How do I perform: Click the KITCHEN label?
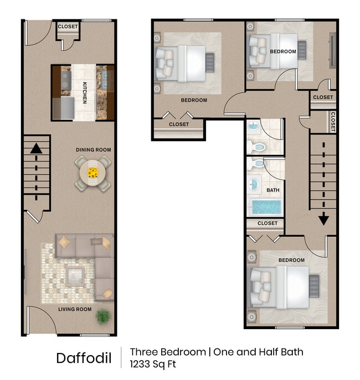point(85,92)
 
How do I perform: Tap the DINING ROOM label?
point(94,149)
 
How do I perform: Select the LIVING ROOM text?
point(75,309)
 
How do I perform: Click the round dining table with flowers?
point(92,173)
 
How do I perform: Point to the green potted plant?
point(103,316)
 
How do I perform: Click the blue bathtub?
point(267,208)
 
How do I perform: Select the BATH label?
point(273,190)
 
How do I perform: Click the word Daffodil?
point(84,358)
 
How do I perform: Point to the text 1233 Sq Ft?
point(153,364)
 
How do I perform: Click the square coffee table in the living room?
point(75,274)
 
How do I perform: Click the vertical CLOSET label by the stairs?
point(332,121)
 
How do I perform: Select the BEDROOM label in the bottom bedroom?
point(291,260)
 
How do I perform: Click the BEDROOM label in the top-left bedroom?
point(194,100)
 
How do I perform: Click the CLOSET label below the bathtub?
point(268,223)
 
